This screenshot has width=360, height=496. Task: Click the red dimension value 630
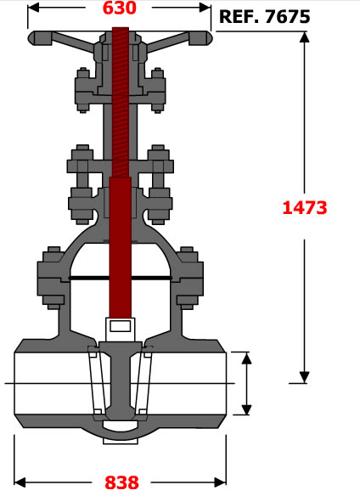tap(120, 8)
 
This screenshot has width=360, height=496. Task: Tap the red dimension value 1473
tap(304, 208)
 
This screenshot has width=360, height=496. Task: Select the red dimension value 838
tap(121, 482)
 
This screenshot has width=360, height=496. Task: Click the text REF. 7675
tap(264, 16)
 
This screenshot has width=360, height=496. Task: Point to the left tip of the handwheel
tap(29, 38)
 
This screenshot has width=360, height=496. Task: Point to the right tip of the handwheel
tap(212, 38)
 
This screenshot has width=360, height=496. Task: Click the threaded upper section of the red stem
tap(121, 102)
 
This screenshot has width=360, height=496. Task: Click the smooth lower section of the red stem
tap(121, 247)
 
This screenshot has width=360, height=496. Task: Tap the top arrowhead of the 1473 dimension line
tap(304, 37)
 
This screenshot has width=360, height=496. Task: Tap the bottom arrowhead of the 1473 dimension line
tap(304, 377)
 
